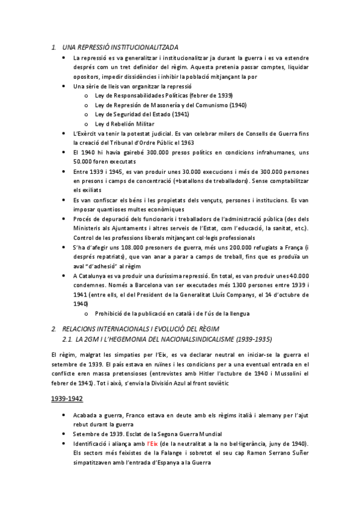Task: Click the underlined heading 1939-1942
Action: (68, 398)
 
